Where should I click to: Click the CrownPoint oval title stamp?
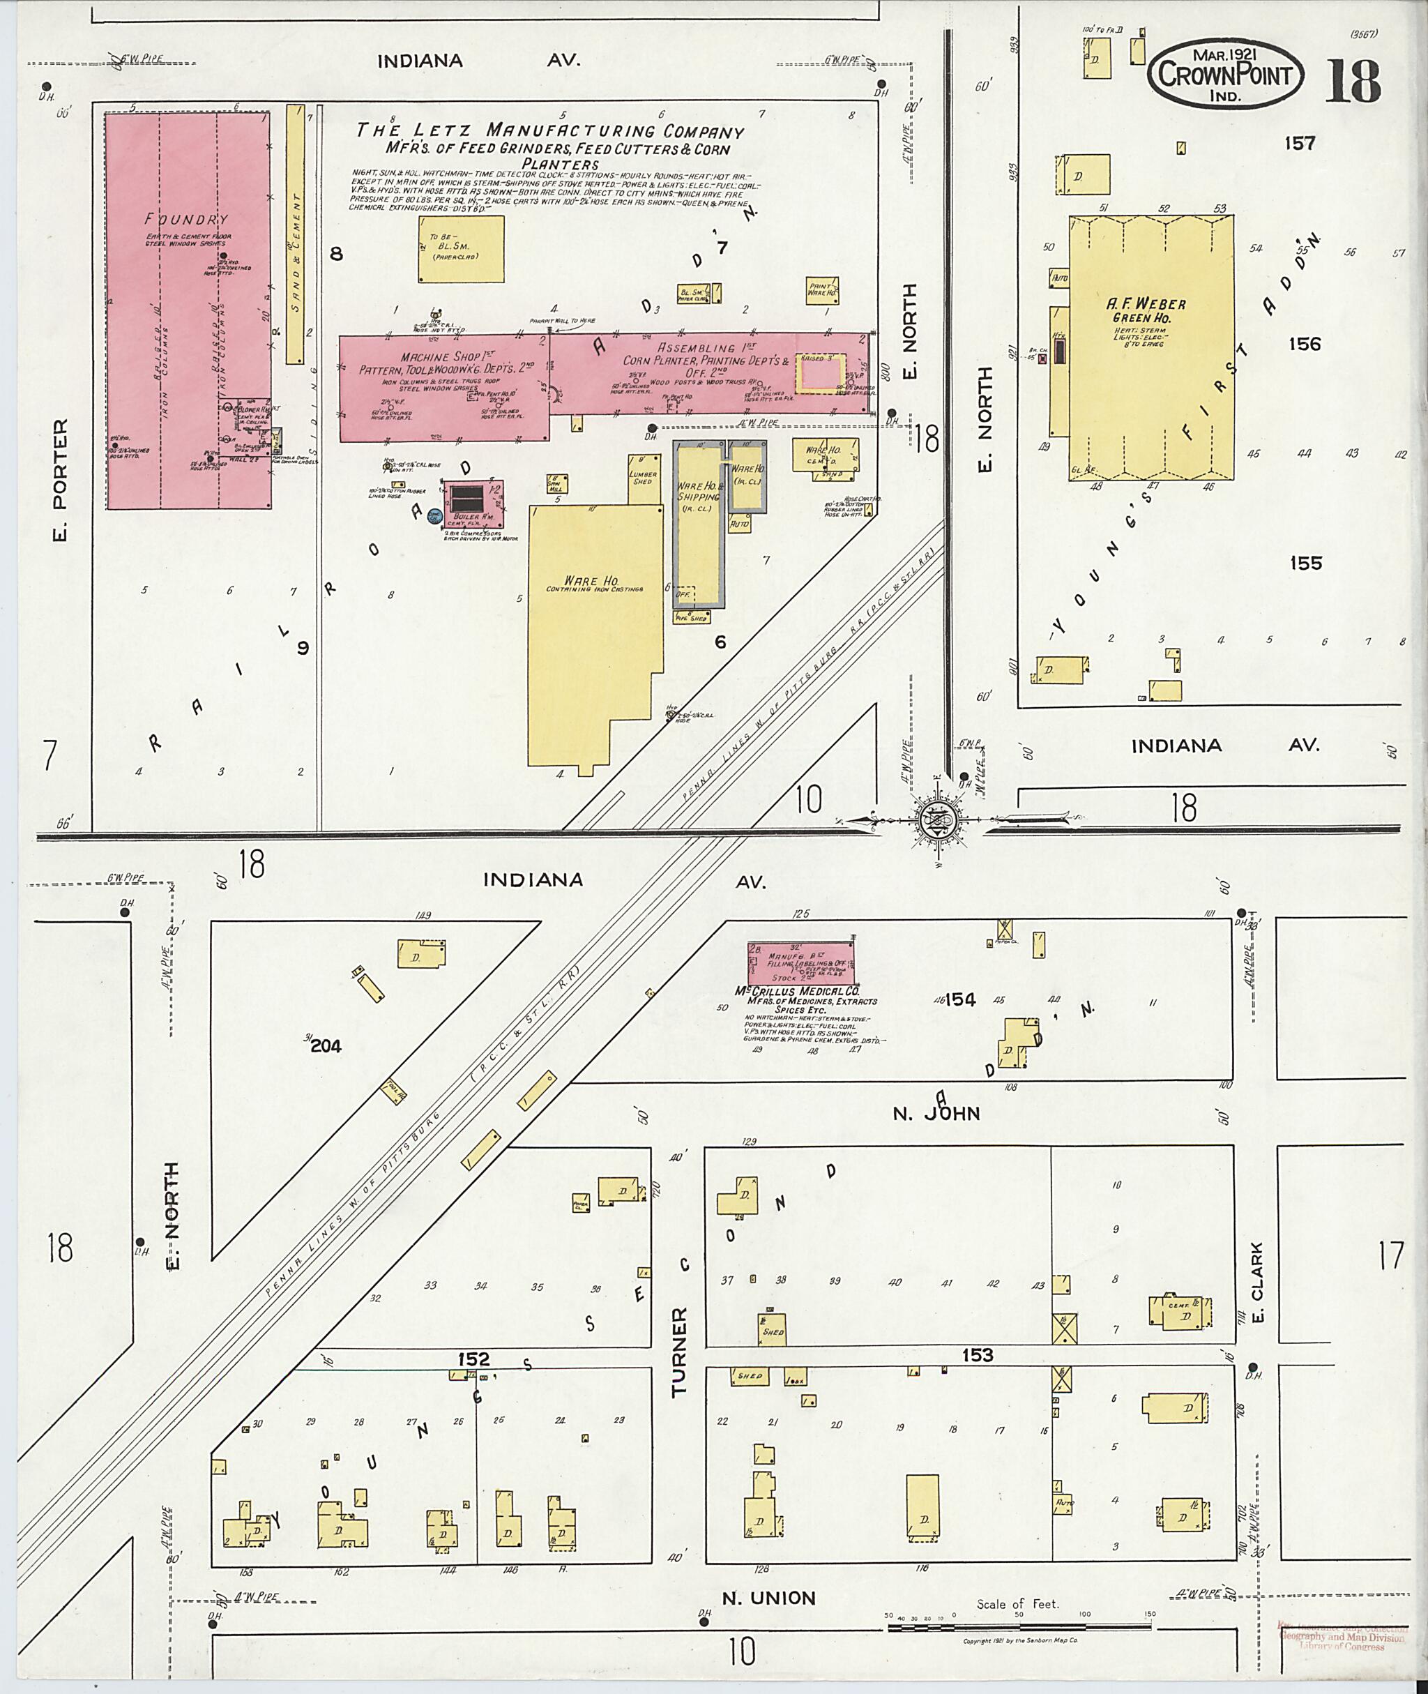(x=1225, y=75)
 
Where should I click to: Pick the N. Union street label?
(x=768, y=1598)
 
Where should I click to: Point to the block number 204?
(x=326, y=1046)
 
